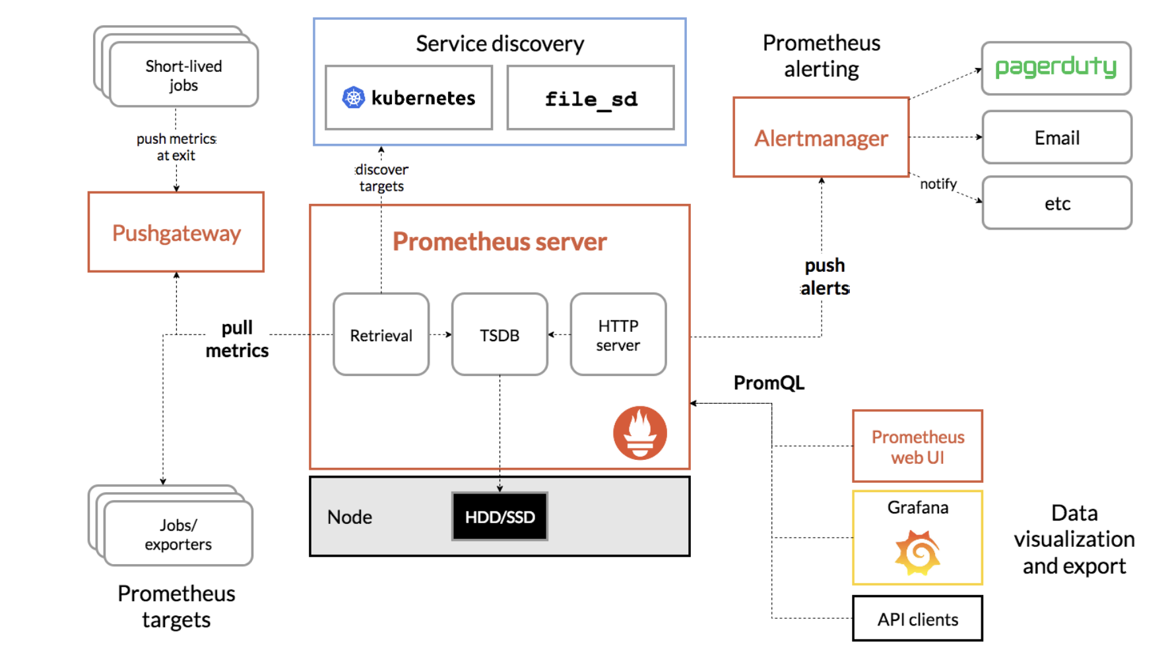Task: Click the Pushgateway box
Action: (x=176, y=232)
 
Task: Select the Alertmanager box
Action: (x=821, y=138)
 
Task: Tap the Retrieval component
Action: (x=381, y=334)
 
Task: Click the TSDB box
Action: (x=500, y=334)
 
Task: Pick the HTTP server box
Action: (x=618, y=334)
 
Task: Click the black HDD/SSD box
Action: (x=500, y=517)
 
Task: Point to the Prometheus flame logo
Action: (x=639, y=433)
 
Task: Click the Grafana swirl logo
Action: (x=917, y=552)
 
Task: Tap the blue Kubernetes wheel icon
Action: (x=354, y=98)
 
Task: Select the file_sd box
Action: (x=591, y=98)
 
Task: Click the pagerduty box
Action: (x=1056, y=68)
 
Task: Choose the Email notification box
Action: (x=1056, y=137)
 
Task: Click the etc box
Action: (x=1056, y=203)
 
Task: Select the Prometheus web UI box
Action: (x=917, y=447)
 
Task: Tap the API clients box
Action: (x=917, y=619)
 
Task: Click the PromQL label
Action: (x=769, y=383)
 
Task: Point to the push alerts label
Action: (x=825, y=276)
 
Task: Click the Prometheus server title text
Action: (x=500, y=241)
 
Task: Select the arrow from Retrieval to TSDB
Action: (x=440, y=334)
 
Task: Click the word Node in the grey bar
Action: (x=350, y=517)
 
